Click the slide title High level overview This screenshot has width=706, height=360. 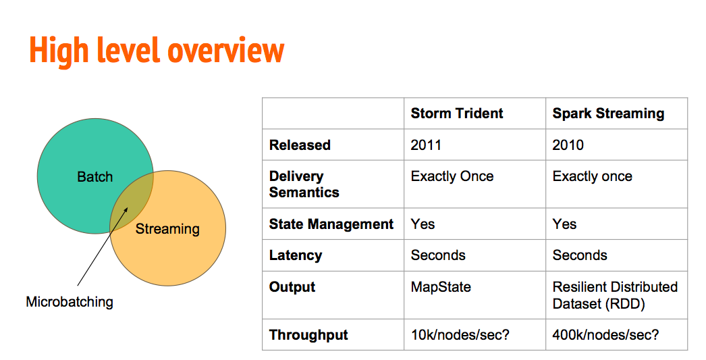point(157,51)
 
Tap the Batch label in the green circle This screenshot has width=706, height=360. point(94,176)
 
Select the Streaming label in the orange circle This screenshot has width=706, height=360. point(167,229)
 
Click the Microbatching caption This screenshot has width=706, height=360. point(70,302)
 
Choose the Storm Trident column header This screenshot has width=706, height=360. point(456,113)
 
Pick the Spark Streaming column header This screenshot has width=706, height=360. point(608,113)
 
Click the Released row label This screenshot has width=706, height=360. point(300,145)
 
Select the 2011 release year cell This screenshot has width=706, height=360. point(426,145)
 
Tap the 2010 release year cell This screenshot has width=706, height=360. point(568,145)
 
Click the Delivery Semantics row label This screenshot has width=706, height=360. point(304,184)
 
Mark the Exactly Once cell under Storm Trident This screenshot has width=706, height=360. point(452,176)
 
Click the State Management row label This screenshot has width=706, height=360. point(331,224)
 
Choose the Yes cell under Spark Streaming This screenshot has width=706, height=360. point(565,224)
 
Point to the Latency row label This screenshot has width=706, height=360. point(296,255)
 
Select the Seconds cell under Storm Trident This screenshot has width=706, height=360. point(438,255)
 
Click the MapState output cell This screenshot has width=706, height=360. point(441,287)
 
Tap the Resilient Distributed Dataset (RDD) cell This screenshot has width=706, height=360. point(615,295)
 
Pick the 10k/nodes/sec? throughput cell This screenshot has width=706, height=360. point(460,335)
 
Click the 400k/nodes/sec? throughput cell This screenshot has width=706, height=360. point(605,335)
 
